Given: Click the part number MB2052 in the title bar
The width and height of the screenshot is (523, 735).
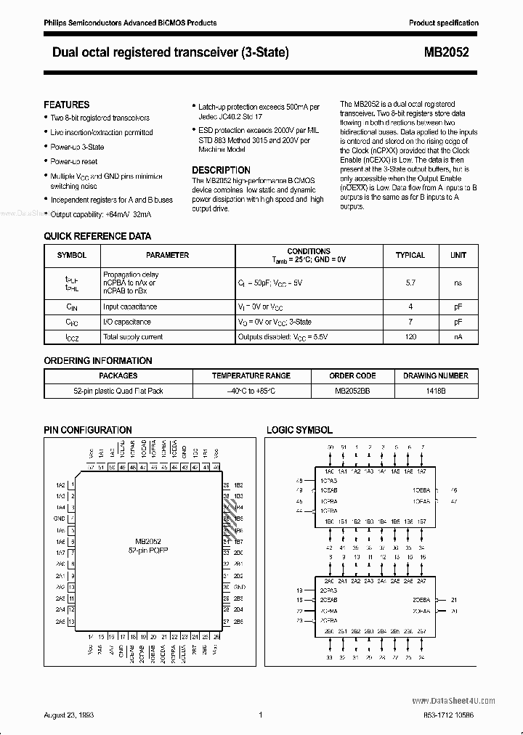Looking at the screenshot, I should tap(451, 52).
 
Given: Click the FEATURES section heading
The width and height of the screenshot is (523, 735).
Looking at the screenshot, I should tap(67, 105).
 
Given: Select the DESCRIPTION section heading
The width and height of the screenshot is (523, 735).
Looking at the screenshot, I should tap(221, 170).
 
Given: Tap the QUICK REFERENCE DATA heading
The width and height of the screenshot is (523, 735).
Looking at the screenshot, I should tap(97, 236).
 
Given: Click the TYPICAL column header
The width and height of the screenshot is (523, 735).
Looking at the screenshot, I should tap(410, 255).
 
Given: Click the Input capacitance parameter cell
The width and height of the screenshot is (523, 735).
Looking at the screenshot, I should tap(130, 306).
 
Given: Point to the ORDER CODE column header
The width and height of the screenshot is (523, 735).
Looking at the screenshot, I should tap(352, 375).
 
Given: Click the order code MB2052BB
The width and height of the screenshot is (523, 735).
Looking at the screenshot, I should tap(352, 391).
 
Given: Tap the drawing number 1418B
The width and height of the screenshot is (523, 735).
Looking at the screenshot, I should tap(435, 391).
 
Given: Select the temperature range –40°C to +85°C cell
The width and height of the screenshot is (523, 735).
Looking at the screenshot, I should tap(251, 391).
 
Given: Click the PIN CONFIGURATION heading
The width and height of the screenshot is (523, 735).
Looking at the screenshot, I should tap(88, 431).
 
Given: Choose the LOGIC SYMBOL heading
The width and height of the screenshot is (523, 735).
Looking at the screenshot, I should tap(299, 431).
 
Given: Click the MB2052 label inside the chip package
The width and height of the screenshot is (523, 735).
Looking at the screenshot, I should tap(147, 541).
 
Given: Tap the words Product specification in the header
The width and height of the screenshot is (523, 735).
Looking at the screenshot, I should tap(443, 23).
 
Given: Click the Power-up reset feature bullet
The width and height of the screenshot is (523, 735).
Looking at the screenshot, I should tap(73, 161).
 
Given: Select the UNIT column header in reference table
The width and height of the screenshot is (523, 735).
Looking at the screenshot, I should tap(458, 255).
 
